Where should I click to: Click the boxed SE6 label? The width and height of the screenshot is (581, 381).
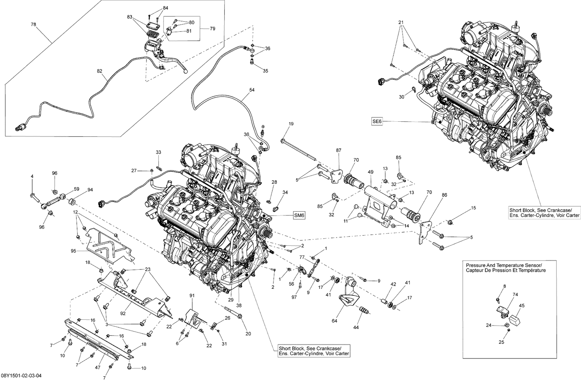[x=377, y=121]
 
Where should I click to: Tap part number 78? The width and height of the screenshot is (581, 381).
[x=34, y=24]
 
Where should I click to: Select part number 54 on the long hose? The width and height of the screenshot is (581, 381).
[x=252, y=90]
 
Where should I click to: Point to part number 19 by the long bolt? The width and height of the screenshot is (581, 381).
[x=291, y=124]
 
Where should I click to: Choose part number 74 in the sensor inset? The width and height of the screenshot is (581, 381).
[x=515, y=295]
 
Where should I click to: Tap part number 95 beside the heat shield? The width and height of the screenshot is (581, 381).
[x=73, y=251]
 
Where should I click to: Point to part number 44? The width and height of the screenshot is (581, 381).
[x=356, y=328]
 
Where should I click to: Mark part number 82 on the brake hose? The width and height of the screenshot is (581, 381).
[x=100, y=71]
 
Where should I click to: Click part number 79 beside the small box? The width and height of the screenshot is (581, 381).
[x=212, y=29]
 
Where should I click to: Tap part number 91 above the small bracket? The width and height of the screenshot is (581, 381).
[x=191, y=296]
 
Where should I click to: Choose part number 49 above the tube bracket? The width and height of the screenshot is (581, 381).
[x=370, y=172]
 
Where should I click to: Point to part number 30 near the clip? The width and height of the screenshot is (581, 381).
[x=401, y=97]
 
